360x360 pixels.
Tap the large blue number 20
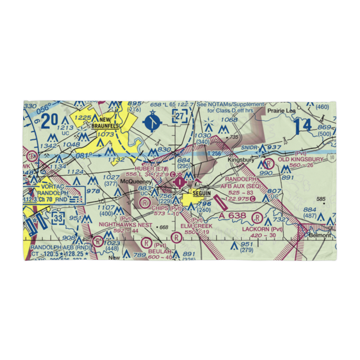50,121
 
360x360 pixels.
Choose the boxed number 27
180,117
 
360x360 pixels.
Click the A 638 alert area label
233,216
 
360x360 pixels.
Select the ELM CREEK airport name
197,226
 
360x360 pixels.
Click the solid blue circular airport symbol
153,122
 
